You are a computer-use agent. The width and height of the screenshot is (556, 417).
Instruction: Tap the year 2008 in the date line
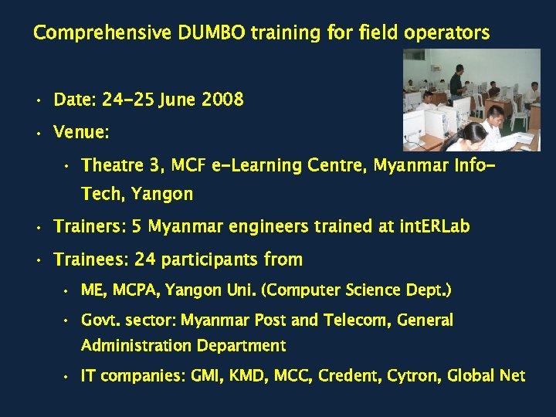point(222,100)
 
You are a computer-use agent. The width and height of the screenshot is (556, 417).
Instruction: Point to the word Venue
point(80,133)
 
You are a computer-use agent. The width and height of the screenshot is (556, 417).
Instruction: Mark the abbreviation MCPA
point(137,291)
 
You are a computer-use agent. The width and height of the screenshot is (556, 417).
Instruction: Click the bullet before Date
point(36,100)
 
